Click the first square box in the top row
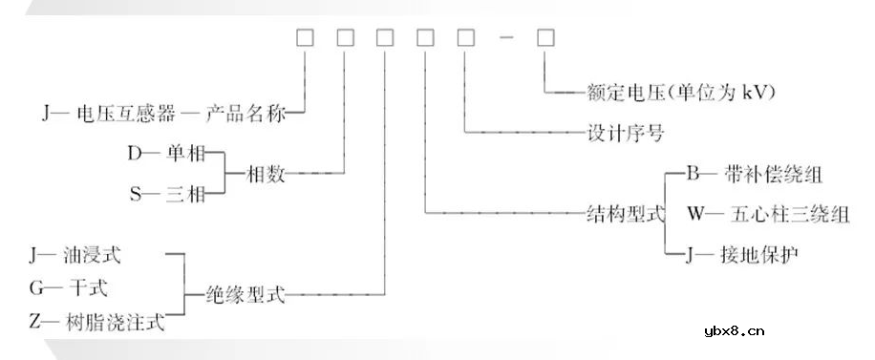[x=305, y=39]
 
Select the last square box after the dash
[x=545, y=39]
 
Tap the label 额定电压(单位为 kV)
[x=677, y=94]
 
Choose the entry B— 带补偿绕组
[x=755, y=175]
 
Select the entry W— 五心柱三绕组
[x=767, y=213]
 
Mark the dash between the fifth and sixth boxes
[x=505, y=39]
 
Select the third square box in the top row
[x=385, y=39]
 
